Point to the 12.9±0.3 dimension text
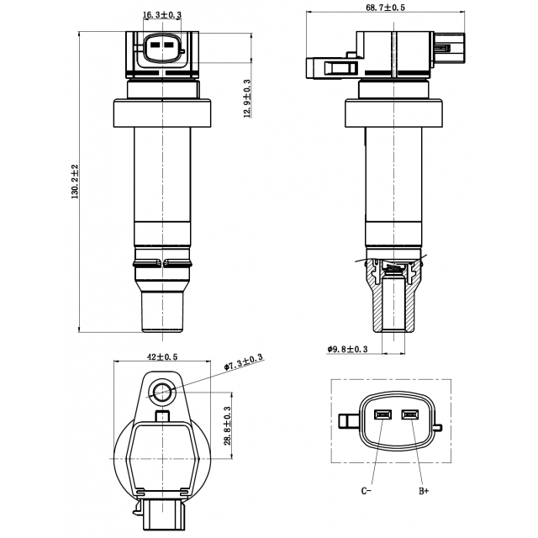(x=247, y=99)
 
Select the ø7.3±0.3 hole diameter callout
(x=244, y=362)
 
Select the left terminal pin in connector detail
(x=382, y=414)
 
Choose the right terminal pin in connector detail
(x=411, y=414)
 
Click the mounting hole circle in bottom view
(x=162, y=389)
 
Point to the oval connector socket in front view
(x=162, y=49)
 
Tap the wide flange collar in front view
(x=162, y=112)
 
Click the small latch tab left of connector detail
(x=345, y=420)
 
